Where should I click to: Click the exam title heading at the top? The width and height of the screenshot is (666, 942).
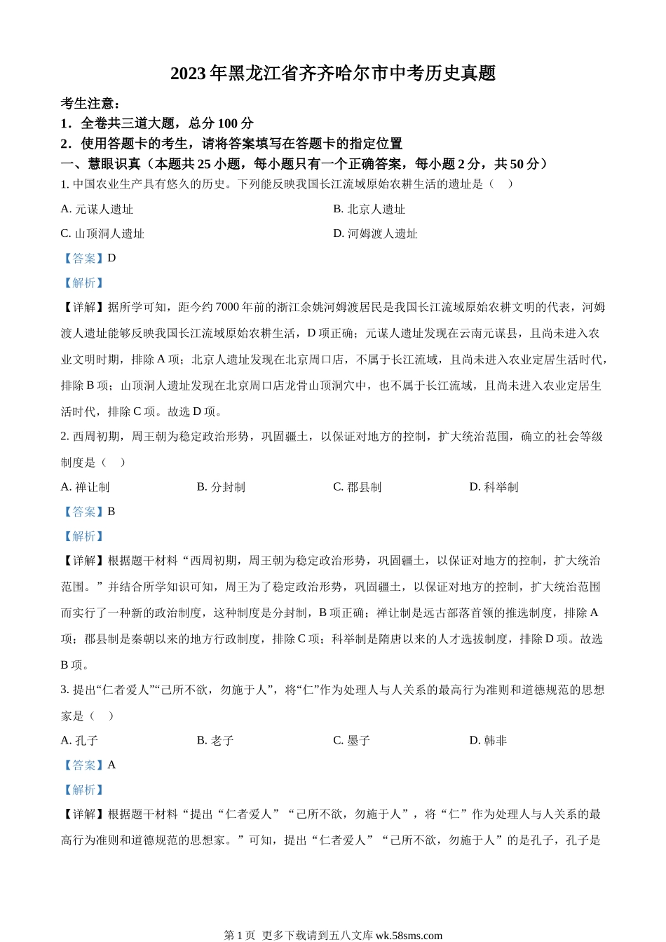(x=333, y=74)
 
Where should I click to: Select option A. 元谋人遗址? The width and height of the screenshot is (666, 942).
(x=97, y=209)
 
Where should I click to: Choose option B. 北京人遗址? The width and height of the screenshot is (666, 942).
(x=369, y=209)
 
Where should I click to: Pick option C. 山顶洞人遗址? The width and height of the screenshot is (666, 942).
(x=102, y=233)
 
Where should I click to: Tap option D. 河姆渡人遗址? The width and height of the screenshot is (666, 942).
(x=375, y=233)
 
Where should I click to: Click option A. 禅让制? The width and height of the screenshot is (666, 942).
(x=86, y=487)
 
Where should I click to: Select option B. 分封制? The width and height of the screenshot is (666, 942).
(x=221, y=487)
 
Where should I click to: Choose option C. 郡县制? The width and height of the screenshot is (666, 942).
(x=358, y=487)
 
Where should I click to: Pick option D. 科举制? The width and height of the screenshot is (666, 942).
(x=494, y=487)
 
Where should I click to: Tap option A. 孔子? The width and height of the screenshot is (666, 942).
(x=80, y=741)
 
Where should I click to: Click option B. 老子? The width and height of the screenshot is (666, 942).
(x=215, y=741)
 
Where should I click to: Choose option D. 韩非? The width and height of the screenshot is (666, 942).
(x=488, y=741)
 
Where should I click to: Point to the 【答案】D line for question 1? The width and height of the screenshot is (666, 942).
(x=88, y=258)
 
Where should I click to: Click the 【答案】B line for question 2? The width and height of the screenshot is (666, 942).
(x=88, y=512)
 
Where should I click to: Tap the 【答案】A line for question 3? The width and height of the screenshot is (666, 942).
(x=88, y=765)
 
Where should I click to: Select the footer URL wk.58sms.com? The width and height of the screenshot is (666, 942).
(x=409, y=935)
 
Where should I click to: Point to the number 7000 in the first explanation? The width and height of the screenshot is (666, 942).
(x=227, y=307)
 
